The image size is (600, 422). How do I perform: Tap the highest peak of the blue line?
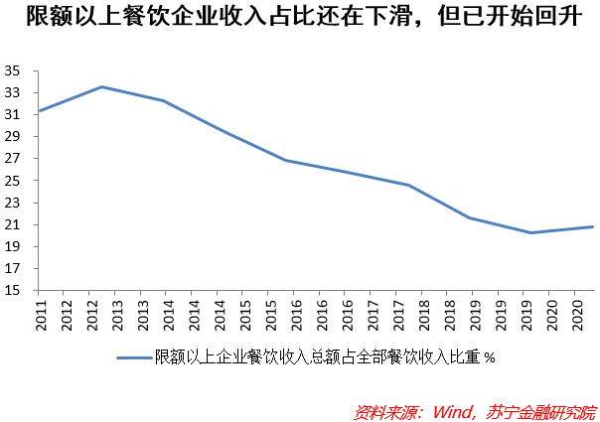[102, 86]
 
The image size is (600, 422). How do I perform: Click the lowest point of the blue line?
[530, 232]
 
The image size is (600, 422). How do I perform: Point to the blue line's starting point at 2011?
[38, 110]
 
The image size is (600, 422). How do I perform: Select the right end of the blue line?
[593, 226]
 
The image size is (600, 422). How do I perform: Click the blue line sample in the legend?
[134, 357]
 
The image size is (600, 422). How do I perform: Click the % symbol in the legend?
[489, 358]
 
